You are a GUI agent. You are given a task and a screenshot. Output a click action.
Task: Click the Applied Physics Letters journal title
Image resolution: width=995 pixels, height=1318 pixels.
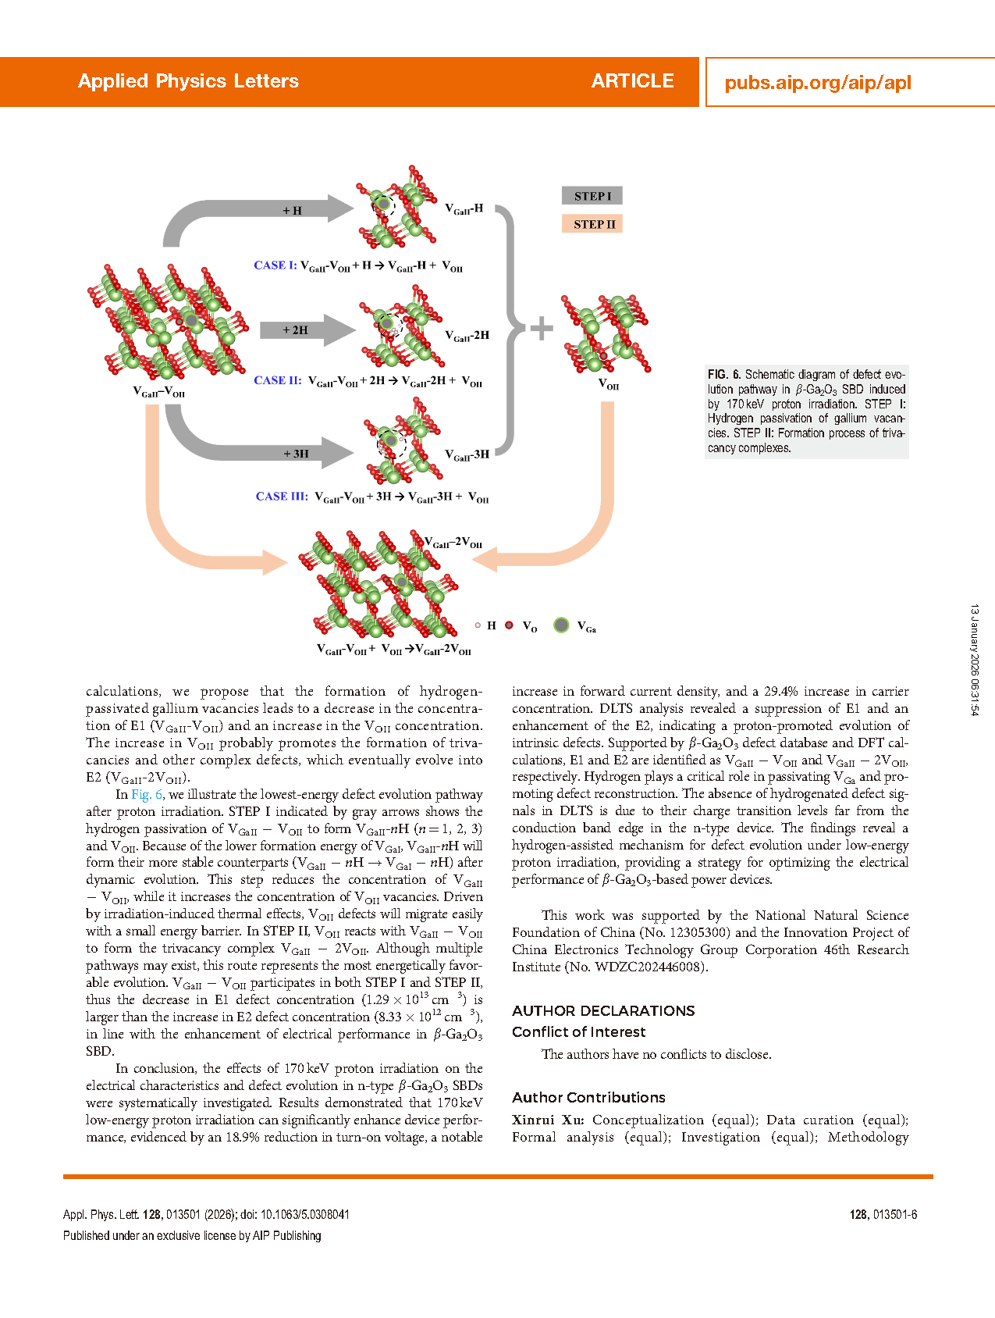(188, 81)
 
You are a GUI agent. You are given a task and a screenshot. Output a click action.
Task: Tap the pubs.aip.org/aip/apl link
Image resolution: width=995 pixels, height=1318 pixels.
(817, 83)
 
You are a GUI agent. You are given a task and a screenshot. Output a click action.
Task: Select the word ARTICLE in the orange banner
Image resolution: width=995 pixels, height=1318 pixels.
(632, 81)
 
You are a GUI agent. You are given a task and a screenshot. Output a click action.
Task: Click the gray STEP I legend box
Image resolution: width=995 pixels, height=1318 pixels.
(592, 196)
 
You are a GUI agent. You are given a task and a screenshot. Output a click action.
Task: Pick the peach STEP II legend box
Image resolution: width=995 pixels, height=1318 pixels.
(592, 224)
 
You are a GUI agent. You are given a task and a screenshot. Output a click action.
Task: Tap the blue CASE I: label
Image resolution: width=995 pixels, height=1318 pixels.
(275, 265)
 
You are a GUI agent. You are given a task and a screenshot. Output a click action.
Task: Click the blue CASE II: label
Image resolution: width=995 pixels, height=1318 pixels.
(277, 381)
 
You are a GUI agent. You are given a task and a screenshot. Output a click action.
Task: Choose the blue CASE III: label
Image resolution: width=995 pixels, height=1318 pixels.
(282, 497)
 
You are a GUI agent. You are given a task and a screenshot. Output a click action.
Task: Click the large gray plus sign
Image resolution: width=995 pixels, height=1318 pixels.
(542, 329)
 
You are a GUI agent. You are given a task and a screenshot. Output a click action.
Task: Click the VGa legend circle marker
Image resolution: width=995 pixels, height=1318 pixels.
(561, 625)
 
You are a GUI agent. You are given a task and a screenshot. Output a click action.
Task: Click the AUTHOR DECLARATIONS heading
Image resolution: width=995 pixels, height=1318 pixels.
(603, 1011)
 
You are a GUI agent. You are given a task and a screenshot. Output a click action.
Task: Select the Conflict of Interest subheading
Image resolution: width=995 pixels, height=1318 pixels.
(578, 1032)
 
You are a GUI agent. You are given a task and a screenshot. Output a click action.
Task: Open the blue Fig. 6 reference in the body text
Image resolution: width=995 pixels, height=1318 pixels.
(147, 795)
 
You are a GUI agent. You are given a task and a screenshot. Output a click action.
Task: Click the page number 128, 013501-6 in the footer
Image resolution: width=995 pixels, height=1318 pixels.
(883, 1215)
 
